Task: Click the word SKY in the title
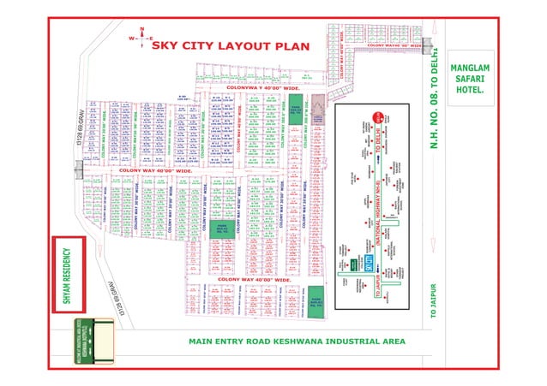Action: click(167, 44)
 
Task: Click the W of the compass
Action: click(131, 39)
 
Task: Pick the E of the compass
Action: click(151, 39)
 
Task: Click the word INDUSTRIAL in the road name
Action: click(357, 341)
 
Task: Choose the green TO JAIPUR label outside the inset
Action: click(433, 301)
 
